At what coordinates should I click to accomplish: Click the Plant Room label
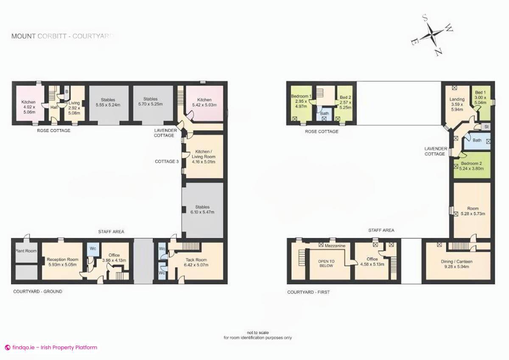tap(26, 251)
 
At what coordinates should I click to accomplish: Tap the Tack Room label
tap(196, 262)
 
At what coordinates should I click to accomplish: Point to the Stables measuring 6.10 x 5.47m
tap(202, 210)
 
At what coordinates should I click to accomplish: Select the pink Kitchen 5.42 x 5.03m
tap(204, 102)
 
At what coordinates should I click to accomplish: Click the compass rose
tap(432, 35)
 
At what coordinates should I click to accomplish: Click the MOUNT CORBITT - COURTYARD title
tap(62, 37)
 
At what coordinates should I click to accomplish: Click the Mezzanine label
tap(336, 246)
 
